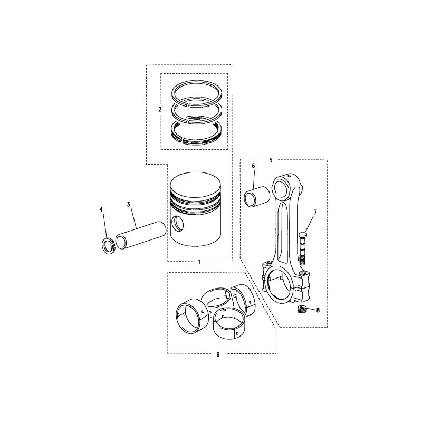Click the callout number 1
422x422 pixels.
click(x=199, y=262)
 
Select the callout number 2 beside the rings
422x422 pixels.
click(x=160, y=110)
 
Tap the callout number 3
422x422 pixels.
click(x=128, y=204)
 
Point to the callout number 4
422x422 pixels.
click(x=101, y=209)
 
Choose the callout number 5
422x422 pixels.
click(x=271, y=160)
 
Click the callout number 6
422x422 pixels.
click(x=253, y=166)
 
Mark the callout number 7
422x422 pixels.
click(x=315, y=213)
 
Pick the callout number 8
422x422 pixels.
click(x=318, y=310)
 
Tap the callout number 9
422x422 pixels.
click(x=218, y=354)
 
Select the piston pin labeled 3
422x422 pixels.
click(x=141, y=235)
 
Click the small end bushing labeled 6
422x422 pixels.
click(x=257, y=197)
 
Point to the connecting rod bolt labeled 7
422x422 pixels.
click(x=302, y=247)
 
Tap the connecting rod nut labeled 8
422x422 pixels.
click(x=301, y=309)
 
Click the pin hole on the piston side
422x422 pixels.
click(x=177, y=223)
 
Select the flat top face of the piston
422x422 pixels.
click(x=195, y=183)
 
